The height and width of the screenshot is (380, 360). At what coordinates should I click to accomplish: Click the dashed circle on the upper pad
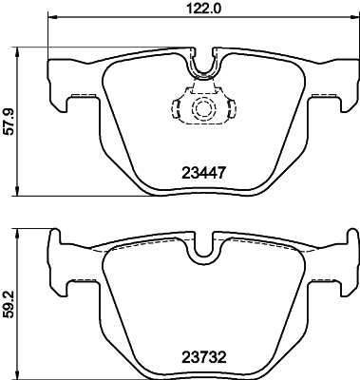pyautogui.click(x=202, y=110)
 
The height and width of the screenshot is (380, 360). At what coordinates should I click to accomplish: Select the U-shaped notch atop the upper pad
pyautogui.click(x=201, y=64)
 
